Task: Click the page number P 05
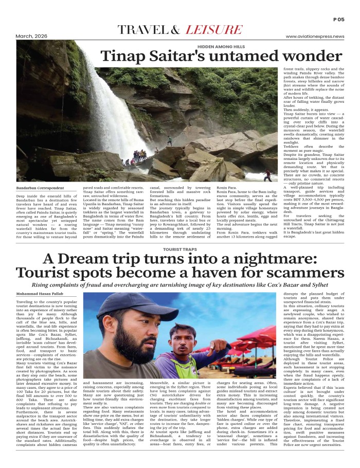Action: (x=338, y=19)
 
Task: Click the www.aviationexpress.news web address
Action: (x=315, y=37)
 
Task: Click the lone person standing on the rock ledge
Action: (x=169, y=140)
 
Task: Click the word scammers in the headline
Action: (x=279, y=273)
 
